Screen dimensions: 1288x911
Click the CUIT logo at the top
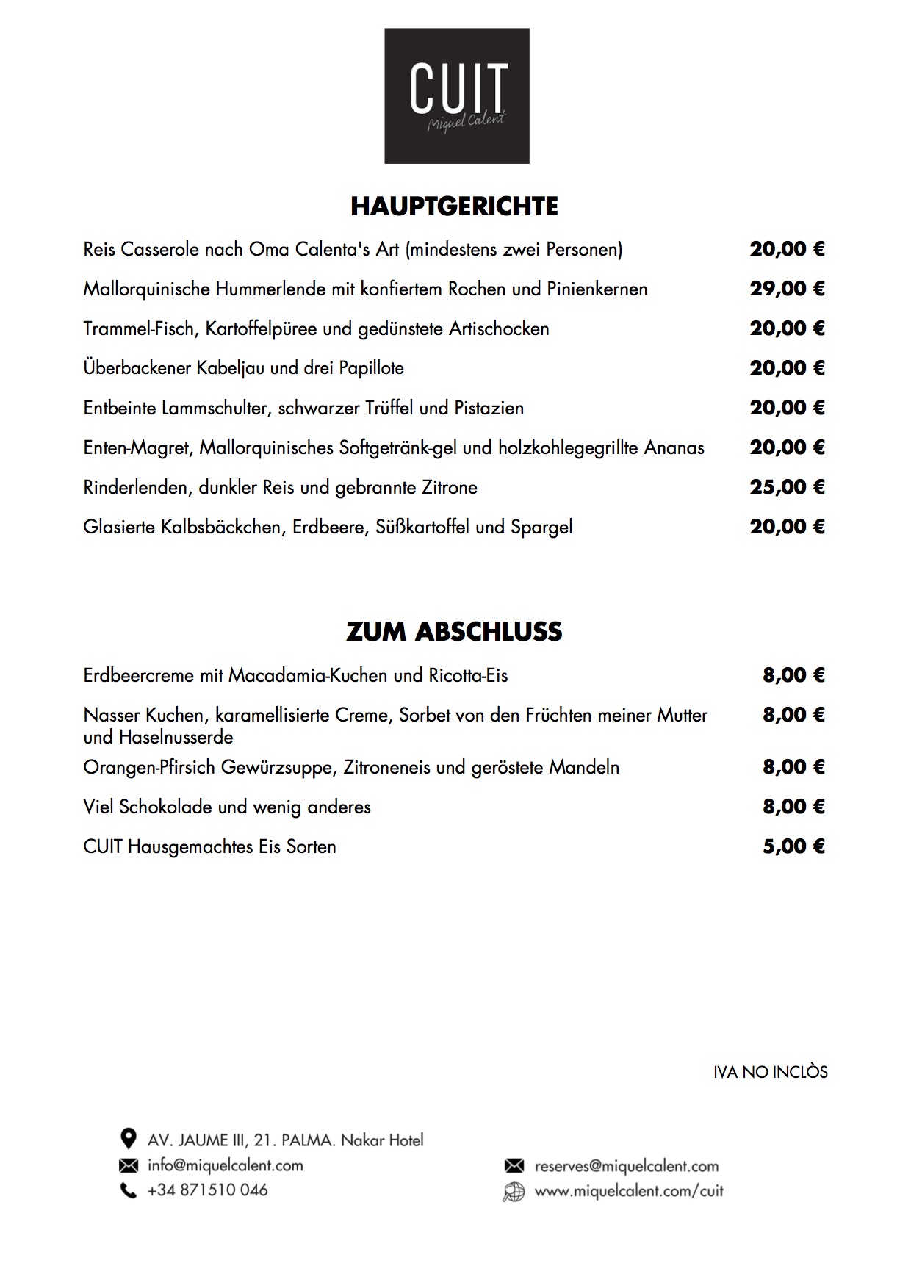[456, 96]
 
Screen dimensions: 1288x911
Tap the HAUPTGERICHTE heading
[454, 206]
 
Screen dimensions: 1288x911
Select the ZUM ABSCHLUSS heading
[454, 632]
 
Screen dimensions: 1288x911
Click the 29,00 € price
[787, 289]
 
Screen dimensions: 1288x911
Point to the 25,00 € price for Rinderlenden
[787, 487]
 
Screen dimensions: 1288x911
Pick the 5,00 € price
[793, 846]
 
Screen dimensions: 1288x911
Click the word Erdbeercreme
[138, 676]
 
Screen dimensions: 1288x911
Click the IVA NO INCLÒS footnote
[770, 1073]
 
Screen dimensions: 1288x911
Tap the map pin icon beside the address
[128, 1140]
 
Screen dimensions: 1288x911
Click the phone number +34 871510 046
[207, 1190]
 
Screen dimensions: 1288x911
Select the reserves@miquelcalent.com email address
[626, 1166]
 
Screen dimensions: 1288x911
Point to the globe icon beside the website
[514, 1192]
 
